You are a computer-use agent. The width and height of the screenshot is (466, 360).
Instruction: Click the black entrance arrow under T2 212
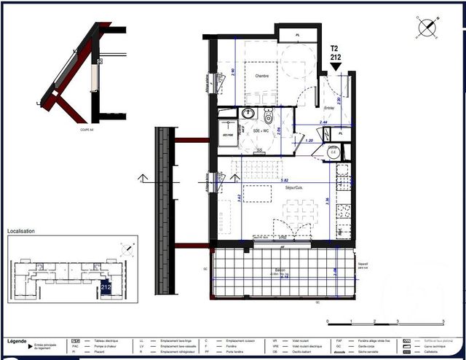336,67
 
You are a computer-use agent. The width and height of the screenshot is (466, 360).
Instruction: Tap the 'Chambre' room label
262,77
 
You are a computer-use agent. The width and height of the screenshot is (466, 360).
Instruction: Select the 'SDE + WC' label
252,129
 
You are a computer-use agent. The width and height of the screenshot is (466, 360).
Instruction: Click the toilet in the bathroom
268,117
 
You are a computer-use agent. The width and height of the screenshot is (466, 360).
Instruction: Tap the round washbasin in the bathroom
248,113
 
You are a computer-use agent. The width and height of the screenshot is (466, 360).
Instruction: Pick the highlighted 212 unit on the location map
106,287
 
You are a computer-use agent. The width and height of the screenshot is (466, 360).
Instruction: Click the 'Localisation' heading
21,232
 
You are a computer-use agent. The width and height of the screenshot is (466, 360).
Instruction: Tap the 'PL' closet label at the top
298,35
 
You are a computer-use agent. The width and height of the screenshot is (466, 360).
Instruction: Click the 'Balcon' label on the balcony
280,271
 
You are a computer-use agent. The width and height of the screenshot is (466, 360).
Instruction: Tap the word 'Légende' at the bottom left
17,341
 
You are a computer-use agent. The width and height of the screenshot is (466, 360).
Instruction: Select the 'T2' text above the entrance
335,47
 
